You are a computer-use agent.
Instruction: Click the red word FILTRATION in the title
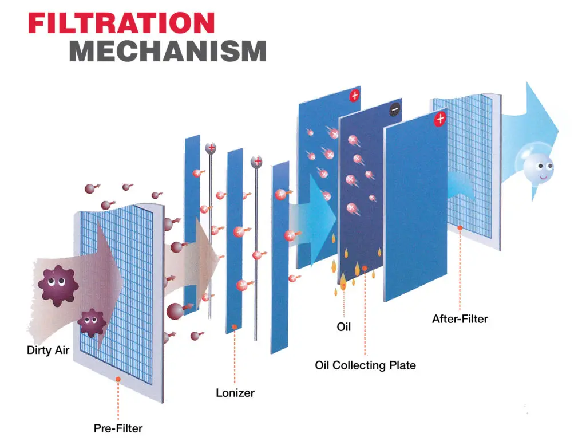pyautogui.click(x=121, y=23)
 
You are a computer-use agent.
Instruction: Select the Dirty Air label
pyautogui.click(x=48, y=350)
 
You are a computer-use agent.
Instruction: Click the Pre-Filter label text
pyautogui.click(x=118, y=427)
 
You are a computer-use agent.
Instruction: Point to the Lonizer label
pyautogui.click(x=235, y=393)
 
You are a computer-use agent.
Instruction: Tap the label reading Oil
pyautogui.click(x=343, y=327)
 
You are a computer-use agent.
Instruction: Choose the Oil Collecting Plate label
pyautogui.click(x=365, y=365)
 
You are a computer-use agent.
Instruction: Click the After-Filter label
pyautogui.click(x=460, y=319)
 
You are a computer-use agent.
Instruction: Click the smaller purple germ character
pyautogui.click(x=90, y=322)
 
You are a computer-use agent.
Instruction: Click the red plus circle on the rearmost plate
pyautogui.click(x=354, y=96)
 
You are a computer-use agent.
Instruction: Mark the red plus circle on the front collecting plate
pyautogui.click(x=439, y=119)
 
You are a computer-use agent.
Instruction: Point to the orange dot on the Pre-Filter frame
pyautogui.click(x=118, y=379)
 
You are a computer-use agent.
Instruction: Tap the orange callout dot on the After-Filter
pyautogui.click(x=460, y=229)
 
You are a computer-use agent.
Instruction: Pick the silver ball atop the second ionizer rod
pyautogui.click(x=256, y=163)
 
